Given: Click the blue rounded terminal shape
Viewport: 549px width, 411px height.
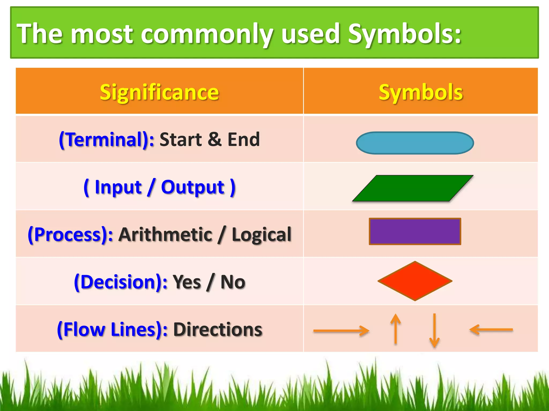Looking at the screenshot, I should [415, 143].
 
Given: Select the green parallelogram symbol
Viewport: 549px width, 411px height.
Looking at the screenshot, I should [413, 188].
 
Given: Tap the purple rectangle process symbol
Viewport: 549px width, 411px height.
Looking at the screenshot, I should [415, 231].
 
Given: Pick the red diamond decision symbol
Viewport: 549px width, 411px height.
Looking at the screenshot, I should [415, 281].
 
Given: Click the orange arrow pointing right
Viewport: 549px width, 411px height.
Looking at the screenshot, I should [341, 331].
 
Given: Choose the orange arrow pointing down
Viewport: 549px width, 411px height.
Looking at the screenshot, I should [434, 331].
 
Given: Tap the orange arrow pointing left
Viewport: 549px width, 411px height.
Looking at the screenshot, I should [491, 330].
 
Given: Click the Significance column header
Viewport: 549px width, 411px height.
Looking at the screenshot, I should [159, 92].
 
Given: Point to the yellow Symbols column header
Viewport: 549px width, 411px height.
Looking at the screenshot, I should [421, 92].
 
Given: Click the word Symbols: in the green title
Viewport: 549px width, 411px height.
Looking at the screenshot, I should [405, 34].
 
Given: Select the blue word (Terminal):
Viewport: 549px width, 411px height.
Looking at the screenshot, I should [107, 139].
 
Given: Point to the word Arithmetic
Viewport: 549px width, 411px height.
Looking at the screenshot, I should [165, 234].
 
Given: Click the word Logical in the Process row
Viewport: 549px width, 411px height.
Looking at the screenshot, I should [261, 234].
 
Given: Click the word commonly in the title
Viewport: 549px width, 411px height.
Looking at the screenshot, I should [207, 34].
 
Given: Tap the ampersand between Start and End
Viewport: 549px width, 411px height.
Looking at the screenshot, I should [214, 139].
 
